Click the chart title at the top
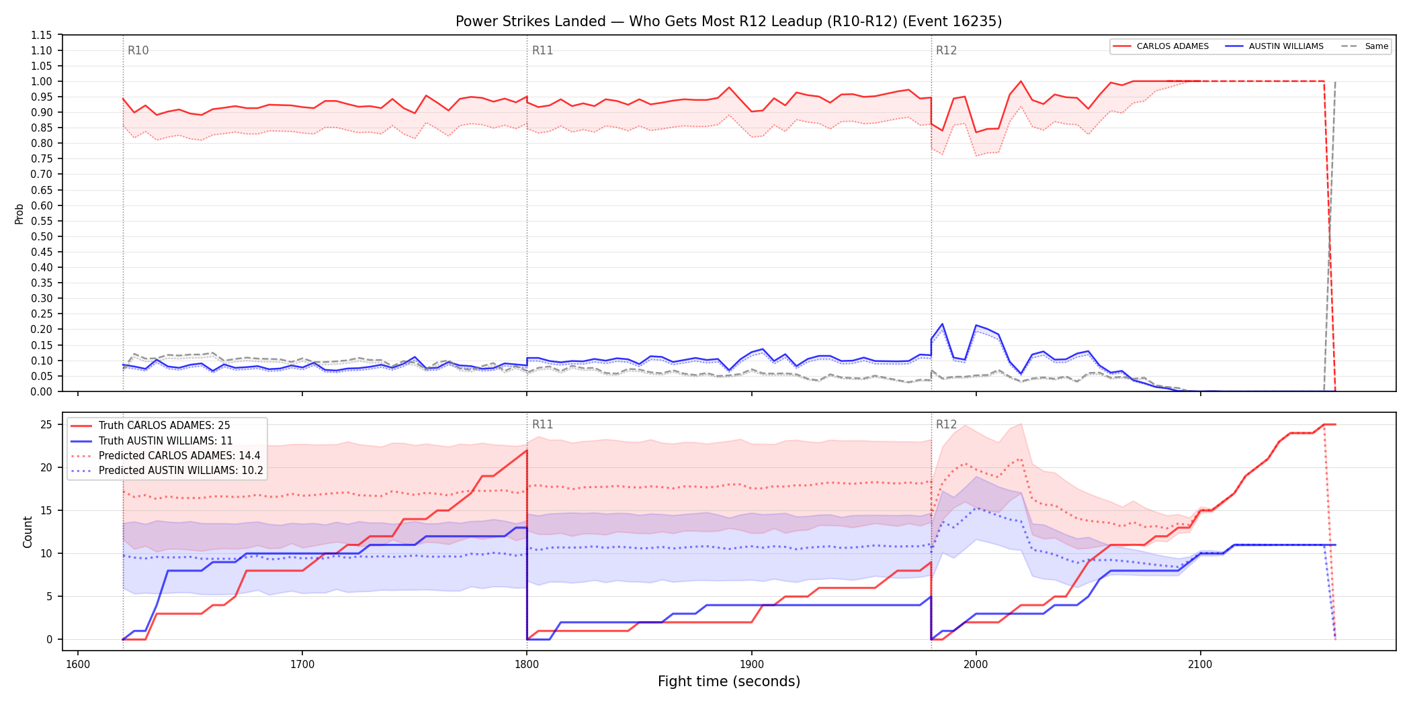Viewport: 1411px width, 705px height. (x=728, y=21)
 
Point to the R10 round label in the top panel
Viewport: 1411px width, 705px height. (x=138, y=50)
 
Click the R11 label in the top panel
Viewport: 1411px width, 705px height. (x=542, y=50)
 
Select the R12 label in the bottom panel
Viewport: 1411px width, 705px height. (x=946, y=424)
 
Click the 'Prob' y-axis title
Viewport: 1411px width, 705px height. (x=19, y=214)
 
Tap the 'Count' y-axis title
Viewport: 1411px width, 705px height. (x=28, y=532)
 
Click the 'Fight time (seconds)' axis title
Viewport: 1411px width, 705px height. (x=729, y=681)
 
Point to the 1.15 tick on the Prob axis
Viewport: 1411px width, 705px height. (x=42, y=35)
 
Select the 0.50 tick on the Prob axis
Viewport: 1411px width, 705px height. (x=42, y=236)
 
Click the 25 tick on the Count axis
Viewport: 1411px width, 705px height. (x=46, y=424)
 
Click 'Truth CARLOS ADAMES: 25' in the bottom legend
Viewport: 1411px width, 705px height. (x=164, y=426)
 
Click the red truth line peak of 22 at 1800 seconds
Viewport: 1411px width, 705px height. (x=527, y=451)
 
